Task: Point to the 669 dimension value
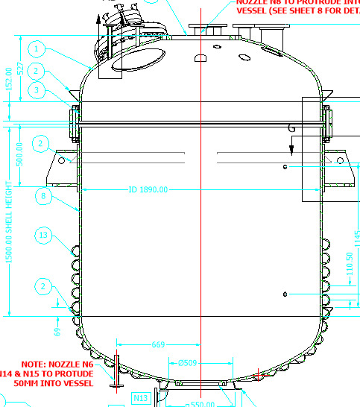pos(157,344)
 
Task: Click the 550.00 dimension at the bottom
pos(200,403)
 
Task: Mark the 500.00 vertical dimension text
pos(20,154)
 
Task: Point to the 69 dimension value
pos(57,329)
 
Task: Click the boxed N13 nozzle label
pos(142,398)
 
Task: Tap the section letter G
pos(291,128)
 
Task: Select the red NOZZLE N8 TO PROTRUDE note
pos(297,7)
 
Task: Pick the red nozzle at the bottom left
pos(116,368)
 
